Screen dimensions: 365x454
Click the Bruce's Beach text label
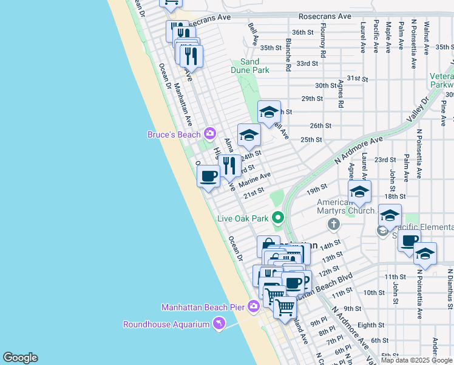(175, 134)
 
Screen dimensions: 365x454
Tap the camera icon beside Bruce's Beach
(210, 133)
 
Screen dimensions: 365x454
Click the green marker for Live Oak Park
(278, 217)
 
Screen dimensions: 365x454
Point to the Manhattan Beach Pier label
(203, 307)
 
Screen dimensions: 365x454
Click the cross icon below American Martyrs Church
(333, 225)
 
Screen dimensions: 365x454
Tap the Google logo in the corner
(20, 357)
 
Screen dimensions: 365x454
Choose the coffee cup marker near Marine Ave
(208, 176)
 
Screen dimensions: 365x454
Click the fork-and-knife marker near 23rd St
(229, 165)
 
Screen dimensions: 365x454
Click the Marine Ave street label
(254, 180)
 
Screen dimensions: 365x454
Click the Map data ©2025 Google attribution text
(417, 360)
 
